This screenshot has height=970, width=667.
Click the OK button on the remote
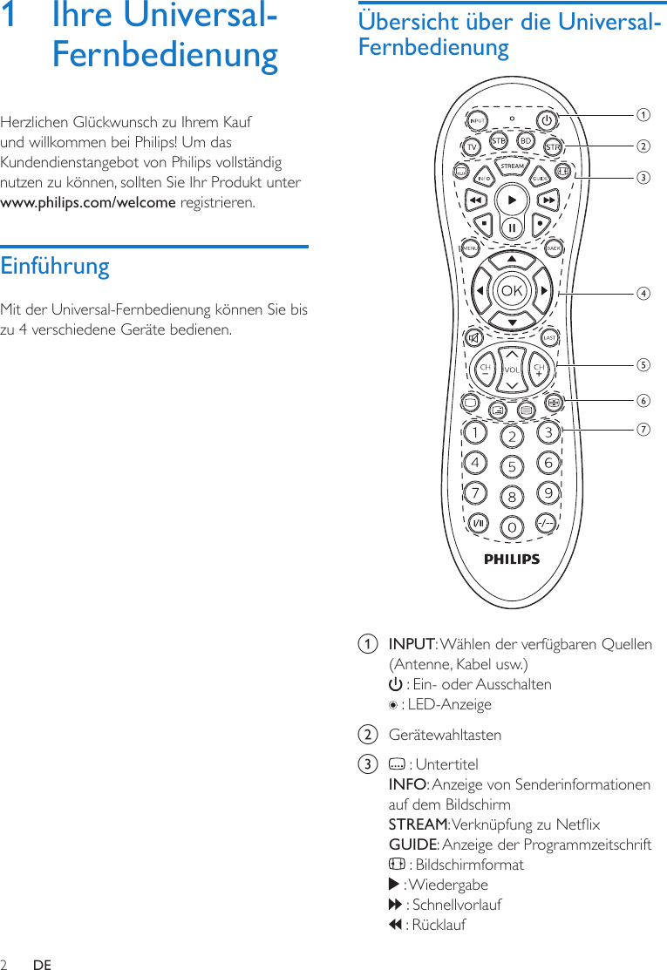(512, 290)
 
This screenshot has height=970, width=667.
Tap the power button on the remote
(546, 120)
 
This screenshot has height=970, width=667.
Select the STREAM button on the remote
(512, 166)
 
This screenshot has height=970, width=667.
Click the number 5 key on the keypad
(512, 466)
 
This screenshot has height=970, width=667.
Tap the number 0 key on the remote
(512, 526)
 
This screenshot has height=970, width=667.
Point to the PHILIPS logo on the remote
(512, 560)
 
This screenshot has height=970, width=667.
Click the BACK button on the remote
(553, 248)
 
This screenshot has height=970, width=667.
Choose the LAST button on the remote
(550, 337)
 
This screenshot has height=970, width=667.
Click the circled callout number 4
(643, 293)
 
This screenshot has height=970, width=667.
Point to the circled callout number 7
(643, 429)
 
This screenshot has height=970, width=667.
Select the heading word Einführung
(55, 266)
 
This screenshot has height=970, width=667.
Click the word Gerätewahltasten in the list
(445, 735)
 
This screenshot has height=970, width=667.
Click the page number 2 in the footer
(4, 965)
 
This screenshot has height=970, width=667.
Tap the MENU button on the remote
(471, 248)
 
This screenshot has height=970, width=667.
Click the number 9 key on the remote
(548, 494)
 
